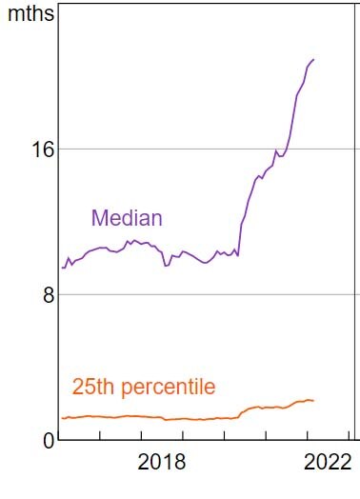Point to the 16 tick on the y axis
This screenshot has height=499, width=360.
[34, 150]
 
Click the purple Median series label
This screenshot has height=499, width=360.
[127, 218]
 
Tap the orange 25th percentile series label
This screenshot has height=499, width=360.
[144, 388]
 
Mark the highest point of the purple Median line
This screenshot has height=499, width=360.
[313, 60]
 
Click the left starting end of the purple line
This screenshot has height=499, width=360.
[62, 268]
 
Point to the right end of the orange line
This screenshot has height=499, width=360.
[313, 401]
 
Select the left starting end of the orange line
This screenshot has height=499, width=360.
[62, 418]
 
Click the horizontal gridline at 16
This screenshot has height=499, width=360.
[190, 149]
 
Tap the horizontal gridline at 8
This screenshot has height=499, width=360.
[190, 294]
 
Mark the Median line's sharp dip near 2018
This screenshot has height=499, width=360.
[166, 265]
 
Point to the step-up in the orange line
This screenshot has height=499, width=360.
[243, 411]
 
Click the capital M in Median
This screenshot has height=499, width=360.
[98, 218]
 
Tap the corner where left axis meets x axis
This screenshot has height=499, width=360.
[59, 439]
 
